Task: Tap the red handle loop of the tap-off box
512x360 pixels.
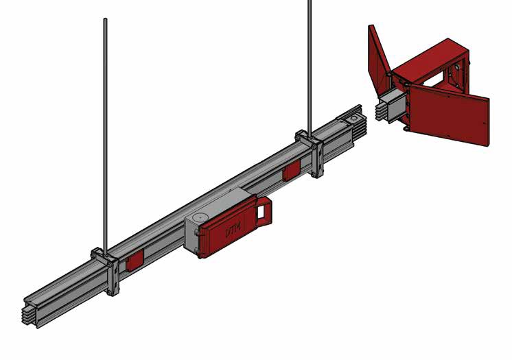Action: tap(264, 211)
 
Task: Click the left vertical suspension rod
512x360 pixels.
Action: tap(105, 137)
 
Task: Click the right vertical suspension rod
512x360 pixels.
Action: tap(310, 69)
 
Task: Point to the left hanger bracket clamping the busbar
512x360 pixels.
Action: tap(106, 269)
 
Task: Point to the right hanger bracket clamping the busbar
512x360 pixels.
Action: tap(311, 152)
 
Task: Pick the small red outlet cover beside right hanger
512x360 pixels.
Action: tap(291, 171)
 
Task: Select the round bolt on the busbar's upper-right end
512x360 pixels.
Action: tap(354, 118)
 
